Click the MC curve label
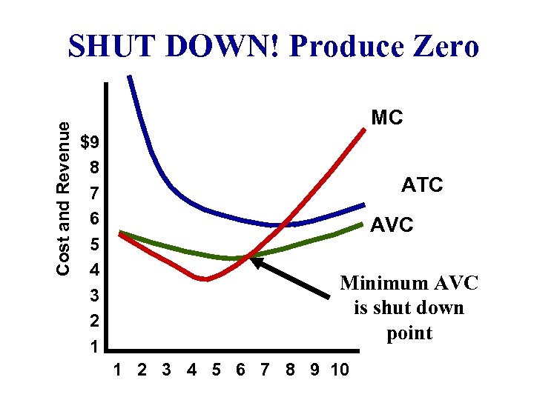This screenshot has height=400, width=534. point(386,118)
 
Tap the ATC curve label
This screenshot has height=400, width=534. point(422,184)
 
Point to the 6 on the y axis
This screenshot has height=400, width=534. point(94,219)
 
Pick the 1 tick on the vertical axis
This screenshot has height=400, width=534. point(94,347)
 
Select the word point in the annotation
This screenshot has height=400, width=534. point(409,333)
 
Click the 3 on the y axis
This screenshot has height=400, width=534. point(94,296)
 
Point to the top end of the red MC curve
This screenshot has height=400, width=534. point(365,130)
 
